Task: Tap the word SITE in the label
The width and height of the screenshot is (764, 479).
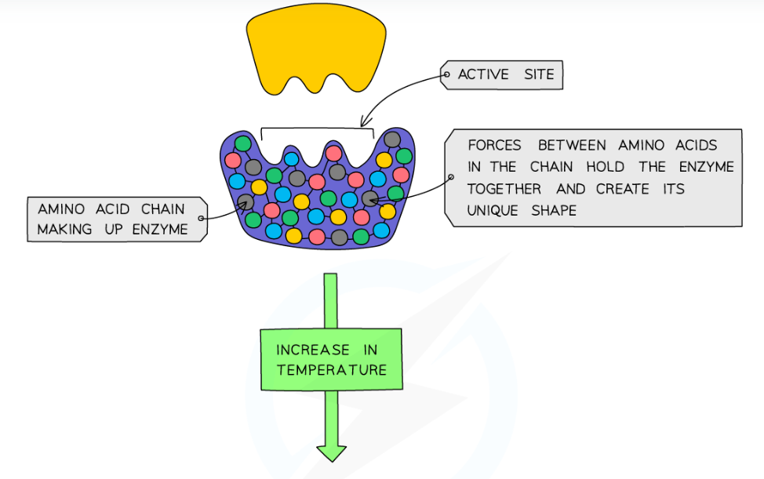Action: (x=540, y=74)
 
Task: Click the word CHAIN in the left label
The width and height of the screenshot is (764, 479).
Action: (x=162, y=209)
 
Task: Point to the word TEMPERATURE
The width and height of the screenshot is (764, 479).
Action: (x=331, y=369)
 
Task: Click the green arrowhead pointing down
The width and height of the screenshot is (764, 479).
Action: (x=331, y=452)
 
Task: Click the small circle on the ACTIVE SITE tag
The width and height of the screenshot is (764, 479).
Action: (x=446, y=75)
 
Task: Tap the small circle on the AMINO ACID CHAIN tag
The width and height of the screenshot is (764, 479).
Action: (x=202, y=219)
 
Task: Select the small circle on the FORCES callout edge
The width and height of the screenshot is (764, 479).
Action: (x=450, y=177)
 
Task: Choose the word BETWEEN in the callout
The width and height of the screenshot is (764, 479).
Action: (x=572, y=145)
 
